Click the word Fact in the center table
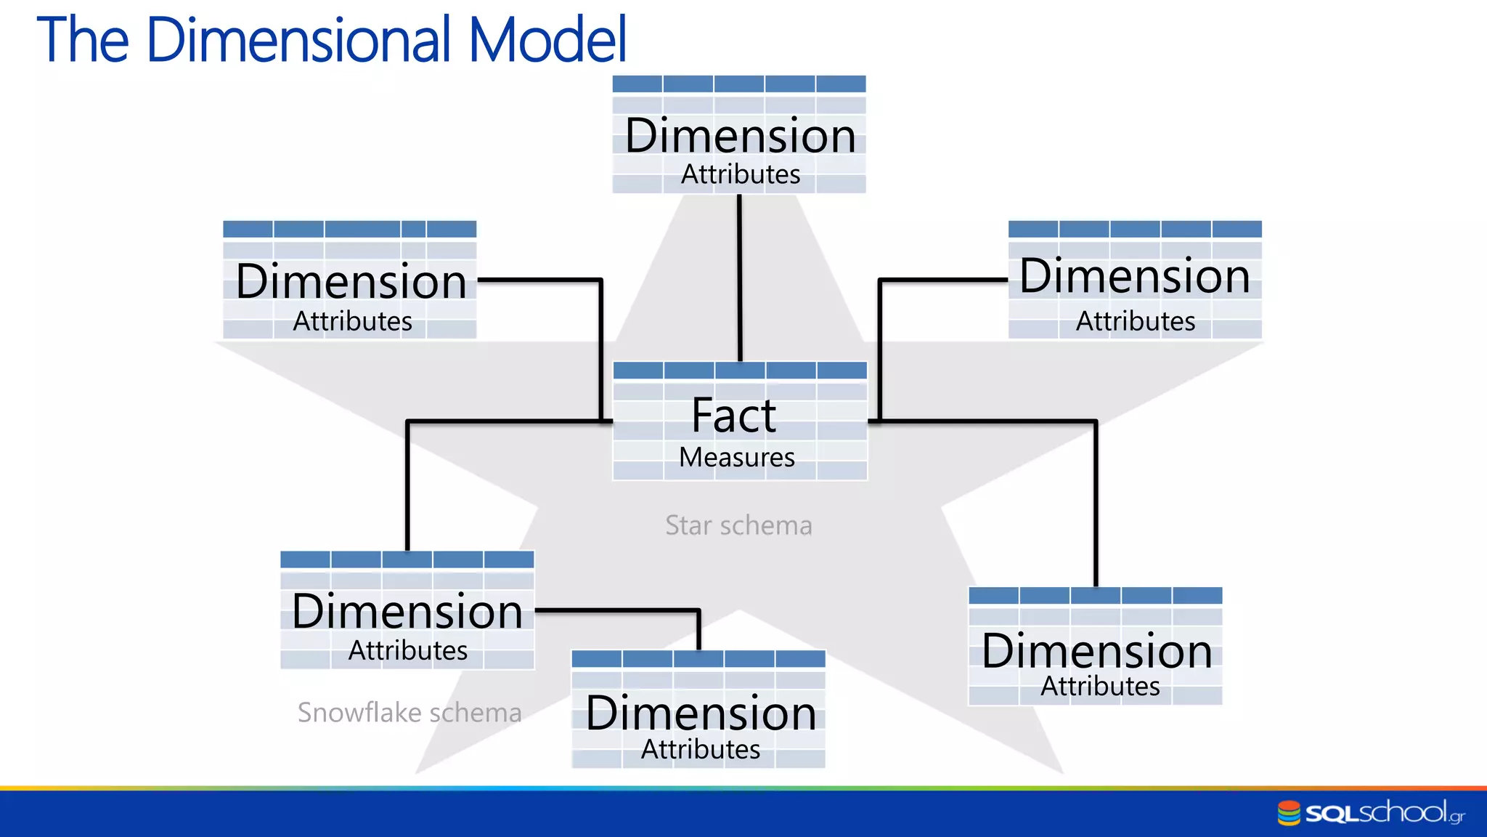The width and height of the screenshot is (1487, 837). click(733, 416)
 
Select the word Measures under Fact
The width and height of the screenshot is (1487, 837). click(737, 458)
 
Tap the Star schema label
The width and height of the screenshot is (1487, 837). click(738, 525)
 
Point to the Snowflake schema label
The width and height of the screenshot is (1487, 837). click(410, 713)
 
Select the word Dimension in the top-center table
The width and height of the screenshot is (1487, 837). click(740, 136)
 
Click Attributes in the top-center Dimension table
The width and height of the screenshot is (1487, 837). click(741, 175)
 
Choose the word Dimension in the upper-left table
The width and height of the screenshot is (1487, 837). click(351, 282)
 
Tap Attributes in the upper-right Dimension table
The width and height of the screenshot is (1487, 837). click(1136, 321)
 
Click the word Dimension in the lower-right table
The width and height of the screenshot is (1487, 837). click(1096, 651)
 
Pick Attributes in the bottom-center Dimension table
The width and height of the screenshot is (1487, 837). click(701, 750)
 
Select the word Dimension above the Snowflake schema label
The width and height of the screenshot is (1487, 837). click(407, 612)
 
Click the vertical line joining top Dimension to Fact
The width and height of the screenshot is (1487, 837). click(740, 276)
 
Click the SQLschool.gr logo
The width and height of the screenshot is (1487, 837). click(1371, 813)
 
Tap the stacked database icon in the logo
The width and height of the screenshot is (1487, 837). click(1289, 813)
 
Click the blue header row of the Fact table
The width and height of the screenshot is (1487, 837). click(740, 371)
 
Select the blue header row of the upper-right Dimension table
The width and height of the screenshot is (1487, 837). click(1135, 230)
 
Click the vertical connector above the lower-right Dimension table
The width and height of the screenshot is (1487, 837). click(1096, 509)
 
